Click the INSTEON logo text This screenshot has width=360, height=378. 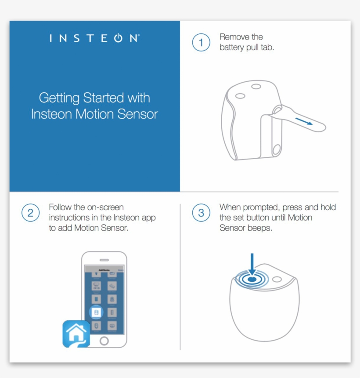click(x=94, y=39)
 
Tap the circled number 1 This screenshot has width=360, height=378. click(x=201, y=43)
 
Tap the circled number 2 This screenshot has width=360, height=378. click(x=30, y=213)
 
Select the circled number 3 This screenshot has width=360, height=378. click(x=201, y=213)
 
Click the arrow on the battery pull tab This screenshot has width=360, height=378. click(x=304, y=121)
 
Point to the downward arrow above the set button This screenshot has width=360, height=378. click(x=252, y=263)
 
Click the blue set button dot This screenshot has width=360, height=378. click(x=252, y=279)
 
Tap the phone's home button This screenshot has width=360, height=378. click(x=104, y=341)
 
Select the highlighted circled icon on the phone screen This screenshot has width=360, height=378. click(x=96, y=312)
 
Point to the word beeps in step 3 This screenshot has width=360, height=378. click(x=261, y=228)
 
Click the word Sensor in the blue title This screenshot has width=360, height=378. click(x=138, y=114)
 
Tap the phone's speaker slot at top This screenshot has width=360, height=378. click(x=104, y=260)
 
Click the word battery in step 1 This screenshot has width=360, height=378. click(x=231, y=47)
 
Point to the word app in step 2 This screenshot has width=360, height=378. click(x=148, y=218)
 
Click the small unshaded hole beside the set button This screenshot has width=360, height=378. click(x=277, y=279)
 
